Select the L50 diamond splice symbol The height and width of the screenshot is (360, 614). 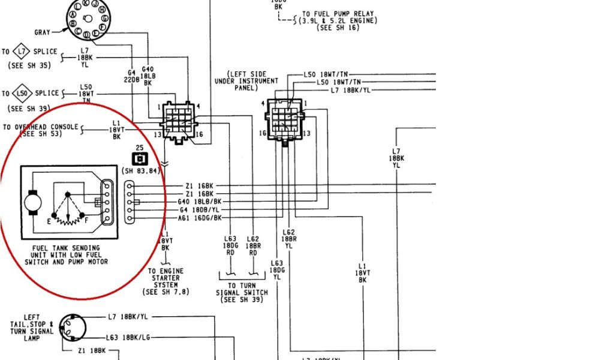click(x=22, y=94)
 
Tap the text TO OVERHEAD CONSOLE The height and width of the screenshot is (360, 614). click(x=41, y=127)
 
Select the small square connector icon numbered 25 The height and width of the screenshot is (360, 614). click(x=139, y=159)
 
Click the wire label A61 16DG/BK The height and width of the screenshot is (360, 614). click(x=200, y=218)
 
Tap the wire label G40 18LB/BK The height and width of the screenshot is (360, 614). click(x=200, y=202)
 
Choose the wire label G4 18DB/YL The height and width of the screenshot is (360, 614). click(x=200, y=210)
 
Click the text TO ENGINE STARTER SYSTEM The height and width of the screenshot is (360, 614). click(x=165, y=281)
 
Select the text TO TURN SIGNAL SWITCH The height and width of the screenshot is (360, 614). click(x=242, y=292)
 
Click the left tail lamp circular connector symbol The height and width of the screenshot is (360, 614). click(x=74, y=327)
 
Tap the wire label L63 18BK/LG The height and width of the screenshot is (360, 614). click(x=128, y=338)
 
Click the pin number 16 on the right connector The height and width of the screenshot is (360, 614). click(x=262, y=133)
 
